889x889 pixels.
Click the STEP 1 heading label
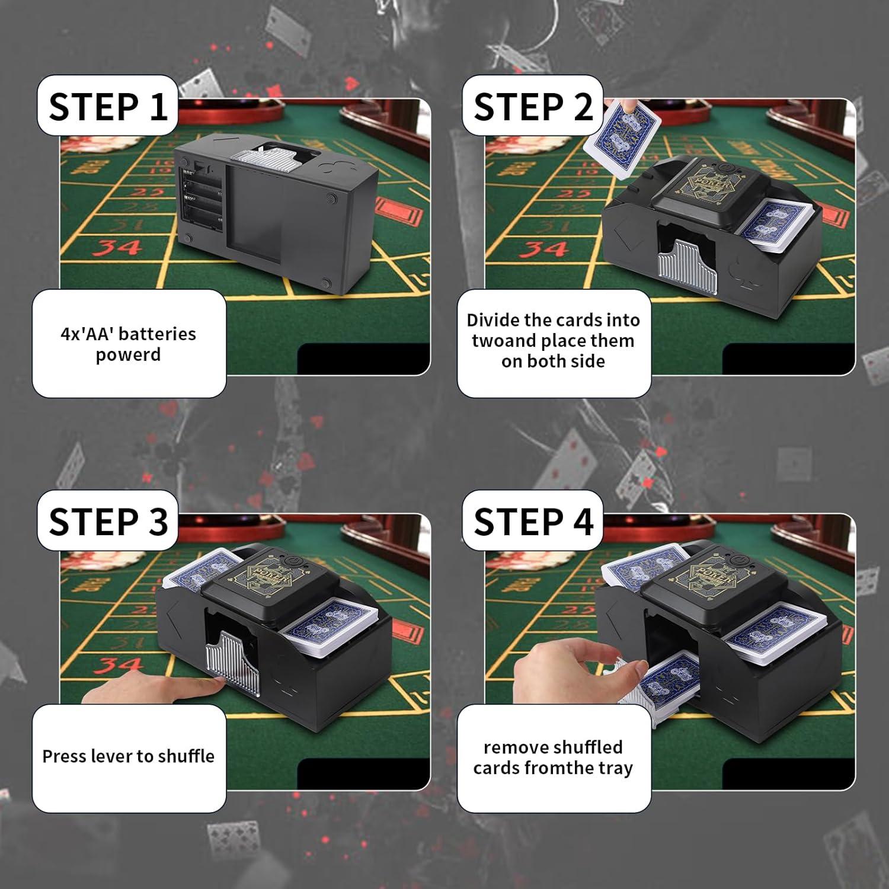pos(108,107)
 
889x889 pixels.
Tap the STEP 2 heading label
pos(532,107)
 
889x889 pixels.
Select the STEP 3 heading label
pos(108,522)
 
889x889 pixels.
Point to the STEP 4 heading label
pos(532,522)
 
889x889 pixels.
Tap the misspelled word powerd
pos(128,354)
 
